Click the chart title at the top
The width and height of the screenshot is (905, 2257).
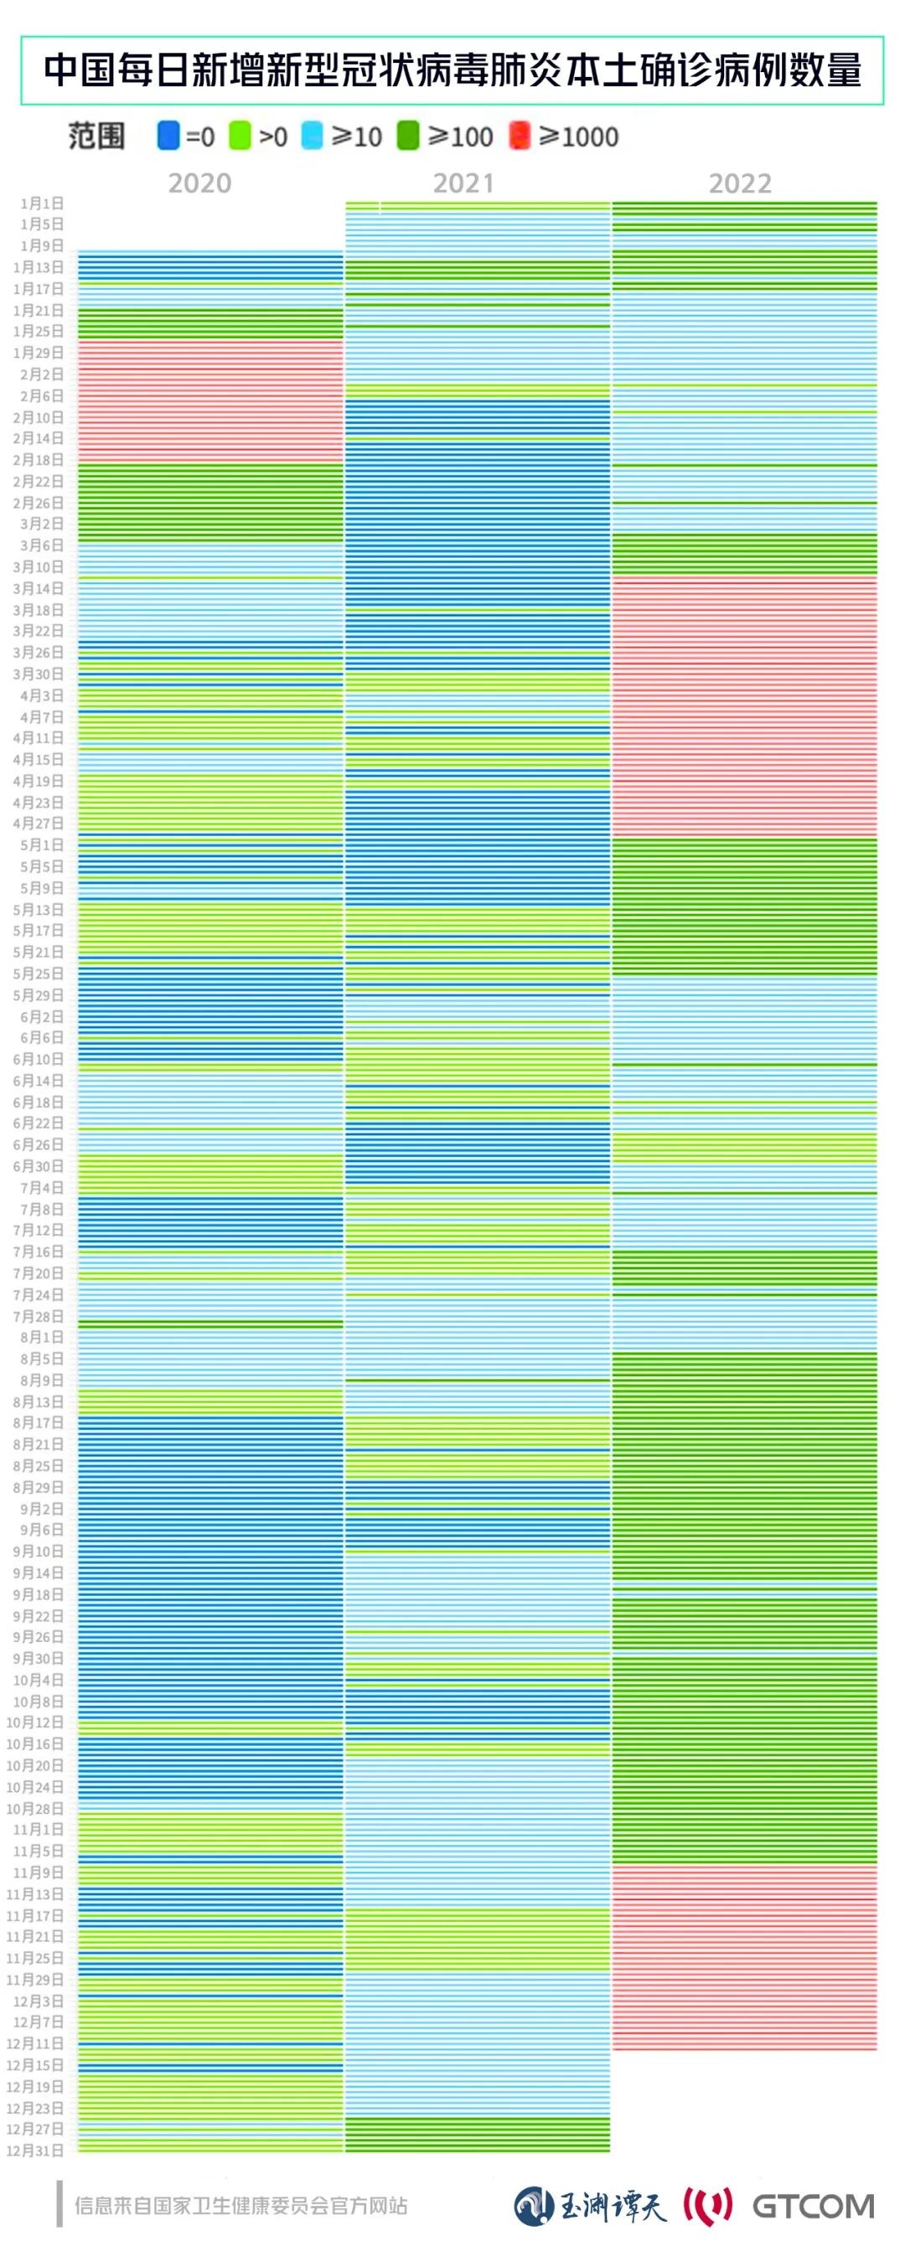tap(452, 71)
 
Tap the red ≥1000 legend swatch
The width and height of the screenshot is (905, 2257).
tap(520, 136)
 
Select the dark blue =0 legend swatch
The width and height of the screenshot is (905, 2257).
tap(168, 136)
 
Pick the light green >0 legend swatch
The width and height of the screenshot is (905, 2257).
tap(239, 136)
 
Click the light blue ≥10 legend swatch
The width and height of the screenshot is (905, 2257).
tap(312, 136)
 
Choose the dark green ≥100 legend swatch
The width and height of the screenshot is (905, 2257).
tap(408, 136)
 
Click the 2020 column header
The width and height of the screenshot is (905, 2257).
tap(199, 183)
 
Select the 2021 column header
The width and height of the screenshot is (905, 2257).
tap(463, 183)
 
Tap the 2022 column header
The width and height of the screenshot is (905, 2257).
tap(739, 183)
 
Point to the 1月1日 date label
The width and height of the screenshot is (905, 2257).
tap(42, 204)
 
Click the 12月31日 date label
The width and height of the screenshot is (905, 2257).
tap(35, 2150)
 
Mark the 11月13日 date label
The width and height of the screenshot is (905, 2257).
tap(35, 1894)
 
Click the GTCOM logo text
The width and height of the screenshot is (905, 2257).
tap(812, 2206)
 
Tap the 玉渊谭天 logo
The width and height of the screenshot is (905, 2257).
tap(590, 2206)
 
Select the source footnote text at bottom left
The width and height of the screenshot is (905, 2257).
tap(241, 2205)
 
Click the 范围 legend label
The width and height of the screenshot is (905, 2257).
tap(96, 136)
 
